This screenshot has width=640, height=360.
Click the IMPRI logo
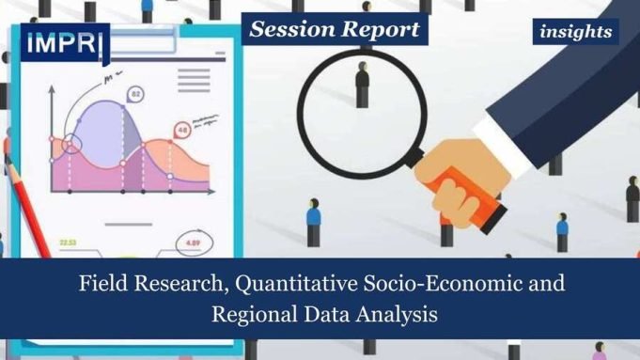click(x=65, y=43)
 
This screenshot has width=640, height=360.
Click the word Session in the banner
click(x=289, y=29)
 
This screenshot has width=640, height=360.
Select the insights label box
click(x=576, y=32)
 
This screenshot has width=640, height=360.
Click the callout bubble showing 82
click(x=136, y=94)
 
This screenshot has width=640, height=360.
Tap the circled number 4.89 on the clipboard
click(x=192, y=243)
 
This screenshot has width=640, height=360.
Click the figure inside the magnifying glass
click(x=361, y=86)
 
